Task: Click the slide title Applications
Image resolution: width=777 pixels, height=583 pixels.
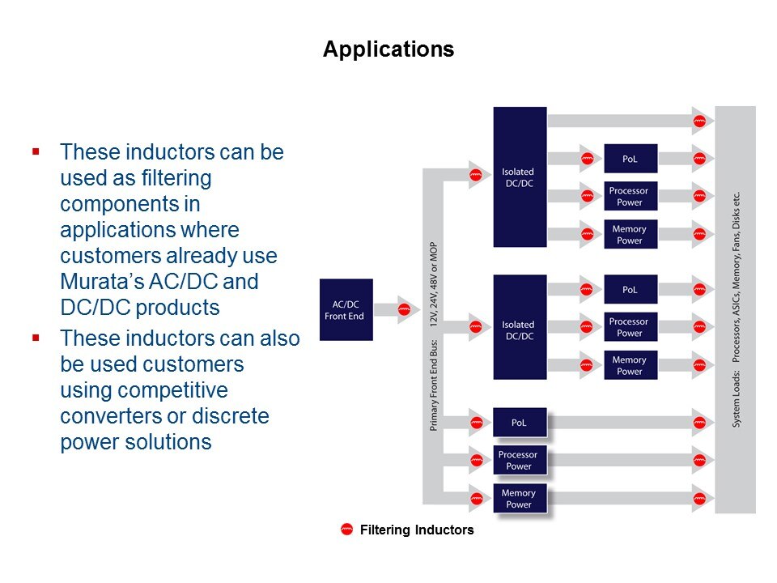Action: click(x=388, y=49)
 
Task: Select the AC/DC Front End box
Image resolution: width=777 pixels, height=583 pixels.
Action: click(x=346, y=309)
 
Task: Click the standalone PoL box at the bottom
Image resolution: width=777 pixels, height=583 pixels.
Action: click(x=520, y=422)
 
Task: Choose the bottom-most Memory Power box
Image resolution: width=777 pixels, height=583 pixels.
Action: click(x=520, y=499)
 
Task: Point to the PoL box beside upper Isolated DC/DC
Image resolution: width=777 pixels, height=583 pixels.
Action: click(x=631, y=158)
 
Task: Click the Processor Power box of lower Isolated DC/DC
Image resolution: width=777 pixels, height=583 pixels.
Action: click(x=630, y=327)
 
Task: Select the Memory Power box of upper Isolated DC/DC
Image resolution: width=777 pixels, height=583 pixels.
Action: click(x=630, y=235)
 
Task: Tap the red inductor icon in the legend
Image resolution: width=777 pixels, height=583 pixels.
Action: click(x=347, y=530)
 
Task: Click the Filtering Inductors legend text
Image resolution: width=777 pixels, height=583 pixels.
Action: click(x=416, y=531)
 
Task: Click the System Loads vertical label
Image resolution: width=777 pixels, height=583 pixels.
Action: click(x=736, y=310)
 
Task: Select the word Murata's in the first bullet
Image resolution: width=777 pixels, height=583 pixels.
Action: click(x=96, y=283)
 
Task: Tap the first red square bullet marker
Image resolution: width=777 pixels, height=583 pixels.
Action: click(x=36, y=151)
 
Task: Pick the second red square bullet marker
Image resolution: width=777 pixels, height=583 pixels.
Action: click(x=36, y=337)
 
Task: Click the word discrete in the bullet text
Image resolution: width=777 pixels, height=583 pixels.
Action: click(x=236, y=416)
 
